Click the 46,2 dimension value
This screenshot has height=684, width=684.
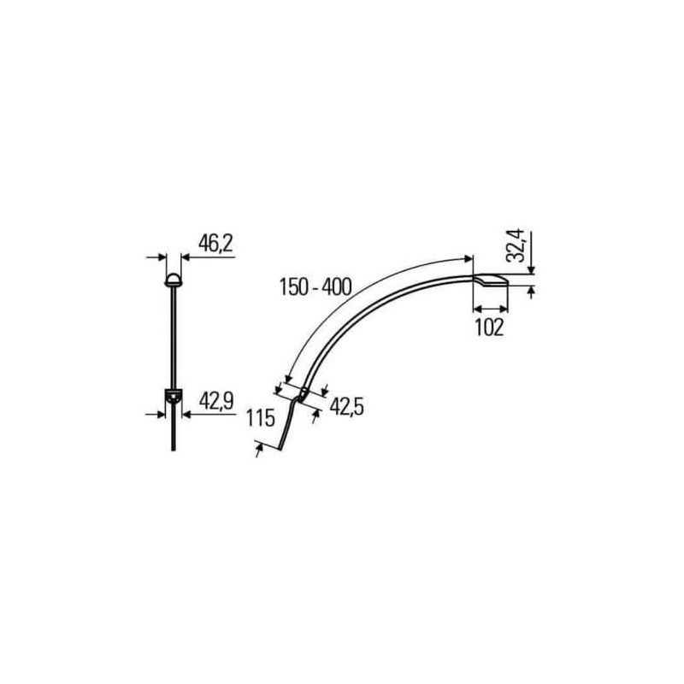(215, 244)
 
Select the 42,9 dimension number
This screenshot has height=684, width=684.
(216, 401)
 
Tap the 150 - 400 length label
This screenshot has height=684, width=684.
(315, 287)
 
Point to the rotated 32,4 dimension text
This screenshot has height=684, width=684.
(516, 246)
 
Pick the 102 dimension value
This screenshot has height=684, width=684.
(489, 327)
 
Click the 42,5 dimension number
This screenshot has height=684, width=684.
(346, 407)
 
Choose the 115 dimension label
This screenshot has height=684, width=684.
(261, 418)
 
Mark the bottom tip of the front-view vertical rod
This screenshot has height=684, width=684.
(174, 450)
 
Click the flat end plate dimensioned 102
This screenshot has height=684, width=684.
(491, 280)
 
